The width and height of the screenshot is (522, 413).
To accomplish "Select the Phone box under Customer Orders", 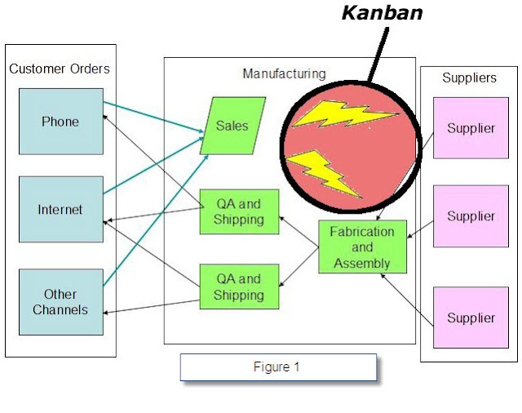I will [x=60, y=122].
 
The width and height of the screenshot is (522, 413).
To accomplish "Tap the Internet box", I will [x=60, y=210].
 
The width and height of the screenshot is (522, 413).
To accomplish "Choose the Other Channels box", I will [x=60, y=302].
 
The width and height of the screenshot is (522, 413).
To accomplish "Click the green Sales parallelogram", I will [x=232, y=127].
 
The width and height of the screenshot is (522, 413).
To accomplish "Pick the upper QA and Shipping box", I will [x=239, y=212].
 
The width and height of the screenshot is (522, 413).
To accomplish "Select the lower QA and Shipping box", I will [x=239, y=286].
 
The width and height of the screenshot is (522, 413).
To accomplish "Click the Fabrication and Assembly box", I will [x=361, y=247].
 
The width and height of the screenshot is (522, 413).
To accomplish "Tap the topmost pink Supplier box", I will [x=471, y=128].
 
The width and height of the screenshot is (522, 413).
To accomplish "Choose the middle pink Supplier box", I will [x=471, y=216].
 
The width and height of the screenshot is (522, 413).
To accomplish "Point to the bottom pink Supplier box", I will [x=471, y=318].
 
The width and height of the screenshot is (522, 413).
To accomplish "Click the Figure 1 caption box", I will [x=278, y=367].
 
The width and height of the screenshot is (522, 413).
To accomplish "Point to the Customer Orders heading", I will [x=60, y=69].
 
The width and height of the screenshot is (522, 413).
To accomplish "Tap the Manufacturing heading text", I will [x=284, y=73].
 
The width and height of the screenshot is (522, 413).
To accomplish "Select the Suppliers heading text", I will [x=469, y=78].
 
